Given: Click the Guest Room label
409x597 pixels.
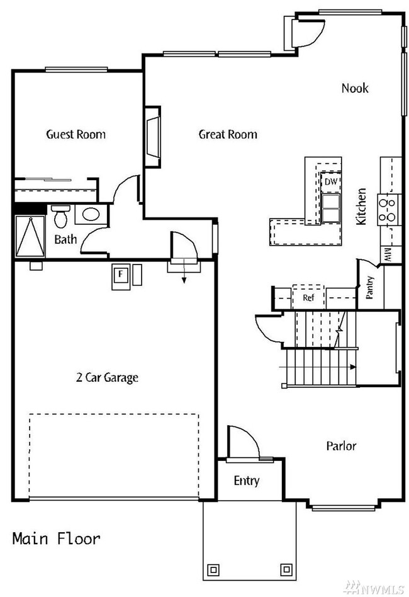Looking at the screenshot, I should point(76,134).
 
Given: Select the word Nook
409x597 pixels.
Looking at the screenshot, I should point(355,88).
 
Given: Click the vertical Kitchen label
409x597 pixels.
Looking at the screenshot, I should point(361,207).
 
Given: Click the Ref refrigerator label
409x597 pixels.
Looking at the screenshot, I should point(308,298).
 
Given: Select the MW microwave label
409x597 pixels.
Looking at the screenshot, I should point(388,254).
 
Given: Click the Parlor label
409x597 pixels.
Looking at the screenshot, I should point(342,446).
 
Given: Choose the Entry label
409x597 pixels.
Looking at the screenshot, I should point(247,481).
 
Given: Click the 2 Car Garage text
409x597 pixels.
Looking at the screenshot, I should point(107,378).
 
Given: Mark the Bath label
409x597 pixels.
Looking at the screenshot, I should point(65,239).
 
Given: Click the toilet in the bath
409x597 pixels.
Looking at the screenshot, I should point(60,216).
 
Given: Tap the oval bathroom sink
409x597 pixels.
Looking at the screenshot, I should point(91,215).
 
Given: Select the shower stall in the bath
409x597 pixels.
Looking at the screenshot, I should point(30,237).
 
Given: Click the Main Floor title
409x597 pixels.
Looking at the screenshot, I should point(56,539).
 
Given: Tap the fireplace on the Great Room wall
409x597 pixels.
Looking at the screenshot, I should point(153,137).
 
